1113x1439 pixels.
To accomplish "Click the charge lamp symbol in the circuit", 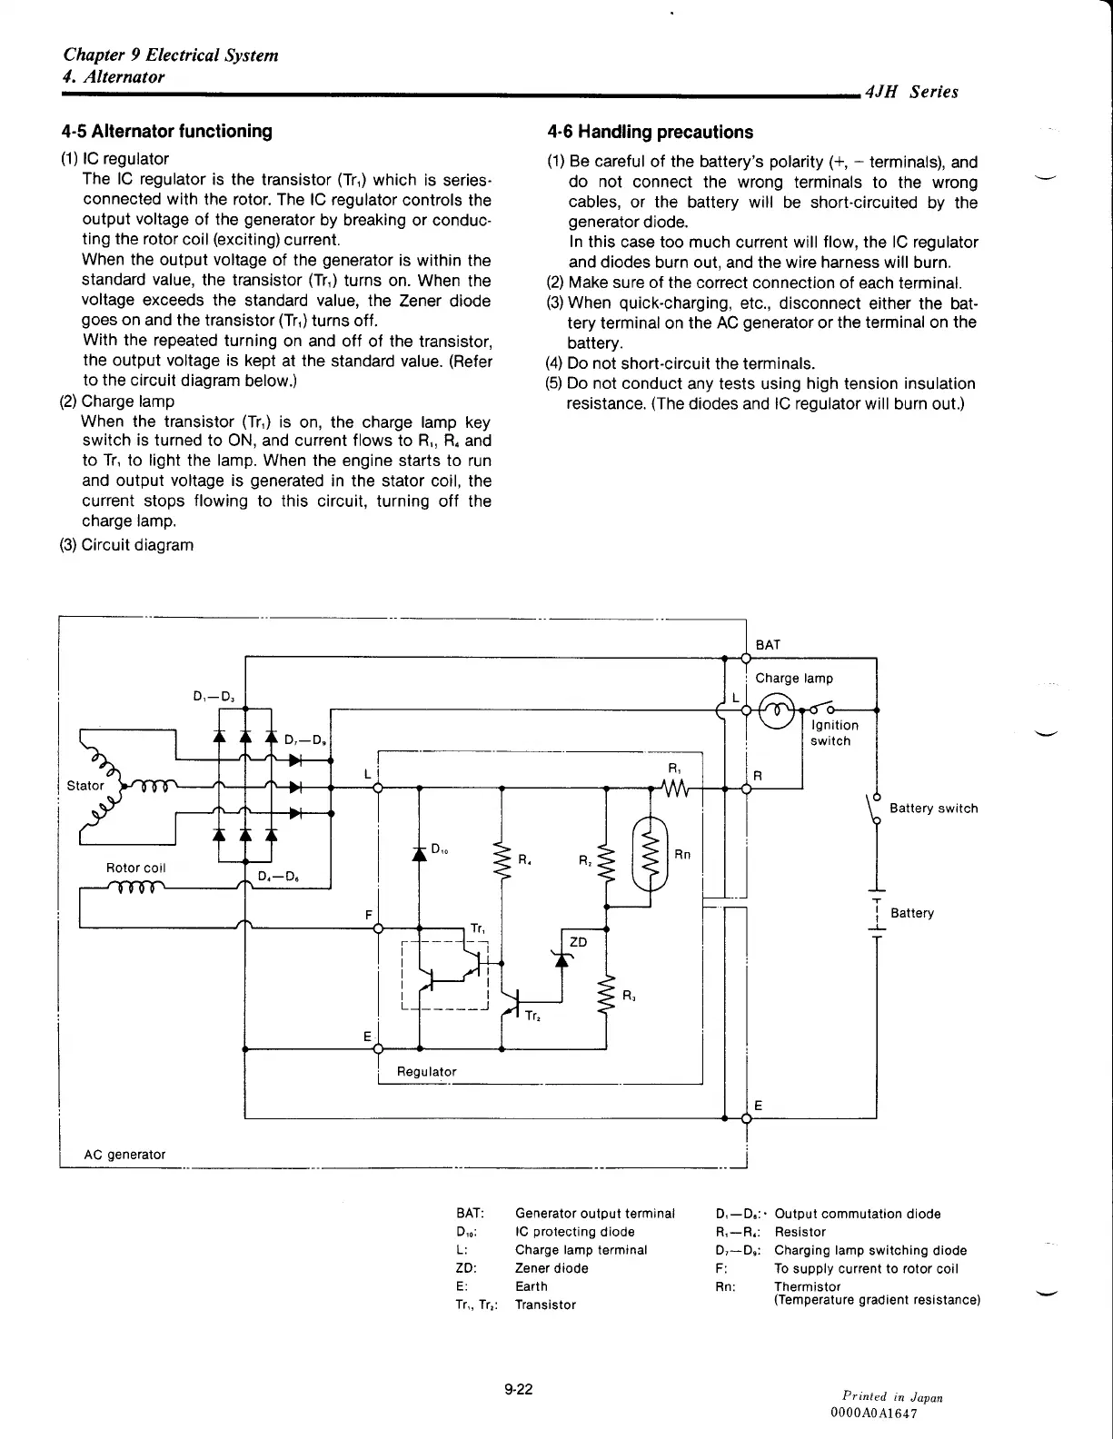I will [777, 710].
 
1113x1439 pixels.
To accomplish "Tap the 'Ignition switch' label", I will [833, 733].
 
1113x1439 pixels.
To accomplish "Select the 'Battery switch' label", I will [933, 809].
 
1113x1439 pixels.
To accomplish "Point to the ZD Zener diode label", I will [578, 942].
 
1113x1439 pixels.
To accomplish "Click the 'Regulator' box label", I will [426, 1072].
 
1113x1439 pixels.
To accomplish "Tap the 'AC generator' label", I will [124, 1155].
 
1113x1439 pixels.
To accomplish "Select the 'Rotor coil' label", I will [135, 868].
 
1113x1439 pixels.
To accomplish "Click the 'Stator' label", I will [85, 786].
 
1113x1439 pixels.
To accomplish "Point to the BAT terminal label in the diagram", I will [768, 645].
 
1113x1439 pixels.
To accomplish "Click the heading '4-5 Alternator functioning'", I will [166, 131].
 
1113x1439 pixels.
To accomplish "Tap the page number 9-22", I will [519, 1388].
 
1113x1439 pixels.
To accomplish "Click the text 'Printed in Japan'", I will [891, 1397].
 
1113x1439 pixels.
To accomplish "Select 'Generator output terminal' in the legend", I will [594, 1214].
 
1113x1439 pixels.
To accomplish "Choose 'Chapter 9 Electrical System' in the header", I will [171, 55].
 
